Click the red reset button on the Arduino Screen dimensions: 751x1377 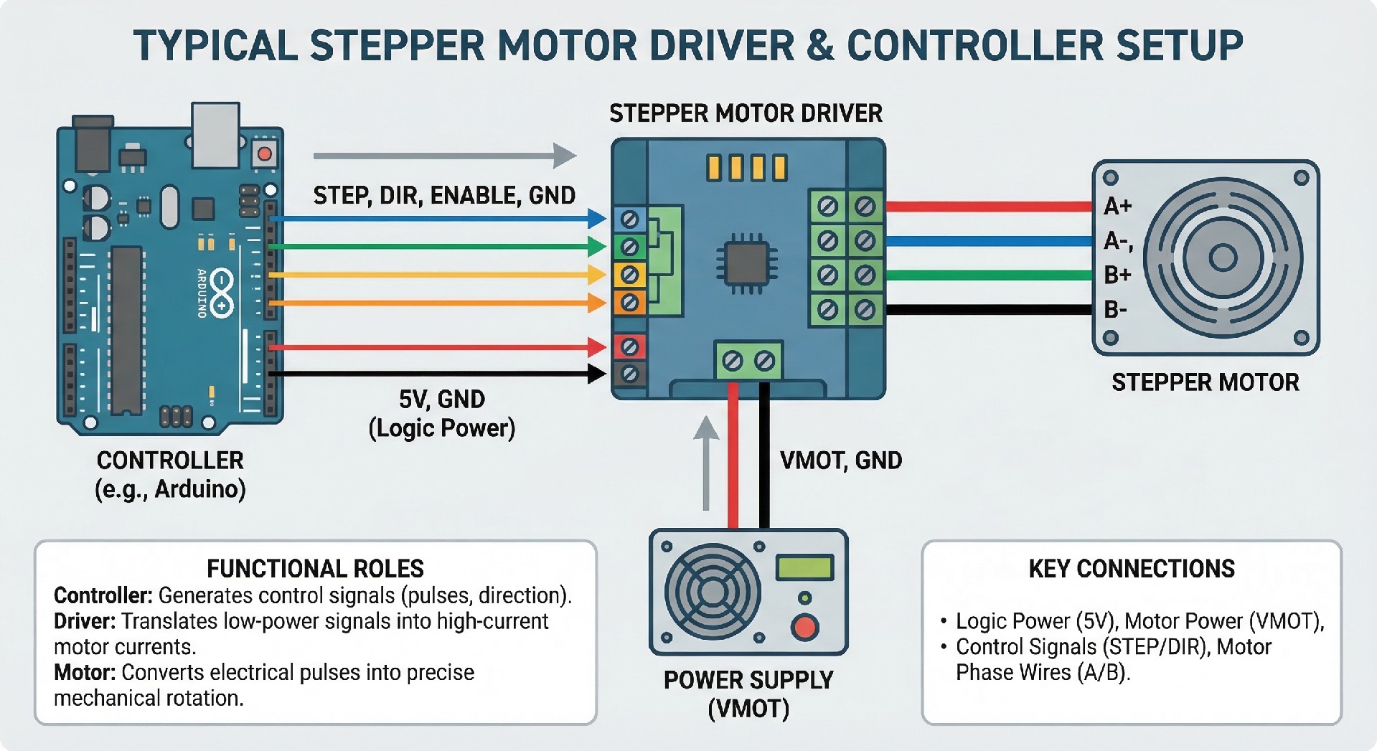tap(265, 153)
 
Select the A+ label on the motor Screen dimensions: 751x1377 tap(1117, 207)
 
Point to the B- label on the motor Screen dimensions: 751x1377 tap(1115, 310)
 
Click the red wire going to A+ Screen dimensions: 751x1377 tap(990, 207)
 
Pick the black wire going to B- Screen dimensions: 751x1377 tap(990, 310)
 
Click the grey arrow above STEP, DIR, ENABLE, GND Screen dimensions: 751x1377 tap(445, 156)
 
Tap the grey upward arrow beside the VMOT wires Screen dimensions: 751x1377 tap(707, 463)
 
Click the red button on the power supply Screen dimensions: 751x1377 tap(804, 627)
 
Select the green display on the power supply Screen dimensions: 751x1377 tap(804, 568)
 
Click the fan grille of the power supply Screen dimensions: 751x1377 tap(712, 592)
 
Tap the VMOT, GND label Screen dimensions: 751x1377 tap(840, 460)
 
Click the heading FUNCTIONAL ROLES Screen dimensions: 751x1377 tap(315, 569)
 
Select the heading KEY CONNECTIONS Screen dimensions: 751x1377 tap(1132, 569)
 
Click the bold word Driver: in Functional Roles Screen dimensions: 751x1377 tap(85, 621)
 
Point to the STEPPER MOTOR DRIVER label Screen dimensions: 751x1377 tap(746, 113)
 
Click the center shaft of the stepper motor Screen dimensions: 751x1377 tap(1223, 258)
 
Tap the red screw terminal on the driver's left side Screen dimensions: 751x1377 tap(629, 347)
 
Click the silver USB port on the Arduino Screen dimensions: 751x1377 tap(215, 134)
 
